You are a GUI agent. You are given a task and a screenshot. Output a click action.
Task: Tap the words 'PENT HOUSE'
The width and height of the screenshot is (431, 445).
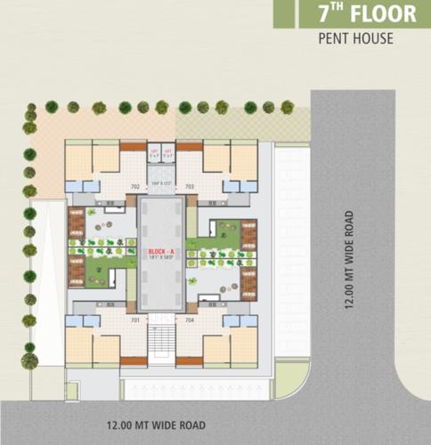(x=355, y=39)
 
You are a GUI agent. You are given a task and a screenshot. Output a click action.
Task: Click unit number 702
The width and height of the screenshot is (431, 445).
(x=135, y=187)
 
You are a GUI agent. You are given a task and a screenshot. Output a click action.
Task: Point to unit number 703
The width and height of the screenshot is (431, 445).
(x=190, y=187)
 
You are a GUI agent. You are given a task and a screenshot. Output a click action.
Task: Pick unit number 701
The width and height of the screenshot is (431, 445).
(x=135, y=319)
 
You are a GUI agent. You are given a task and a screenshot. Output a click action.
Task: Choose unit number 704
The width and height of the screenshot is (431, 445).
(x=190, y=319)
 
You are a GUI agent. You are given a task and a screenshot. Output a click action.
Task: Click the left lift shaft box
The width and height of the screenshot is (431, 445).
(x=154, y=153)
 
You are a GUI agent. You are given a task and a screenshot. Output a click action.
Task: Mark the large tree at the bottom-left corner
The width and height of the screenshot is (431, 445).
(x=29, y=360)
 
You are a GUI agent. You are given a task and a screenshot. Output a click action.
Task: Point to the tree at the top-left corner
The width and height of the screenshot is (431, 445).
(x=31, y=113)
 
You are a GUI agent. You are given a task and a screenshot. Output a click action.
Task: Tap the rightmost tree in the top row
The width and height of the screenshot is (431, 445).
(x=288, y=107)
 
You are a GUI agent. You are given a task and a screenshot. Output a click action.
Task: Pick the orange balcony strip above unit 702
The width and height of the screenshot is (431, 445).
(x=134, y=146)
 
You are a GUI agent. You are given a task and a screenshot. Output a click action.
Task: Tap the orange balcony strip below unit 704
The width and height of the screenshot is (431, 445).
(x=190, y=360)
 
